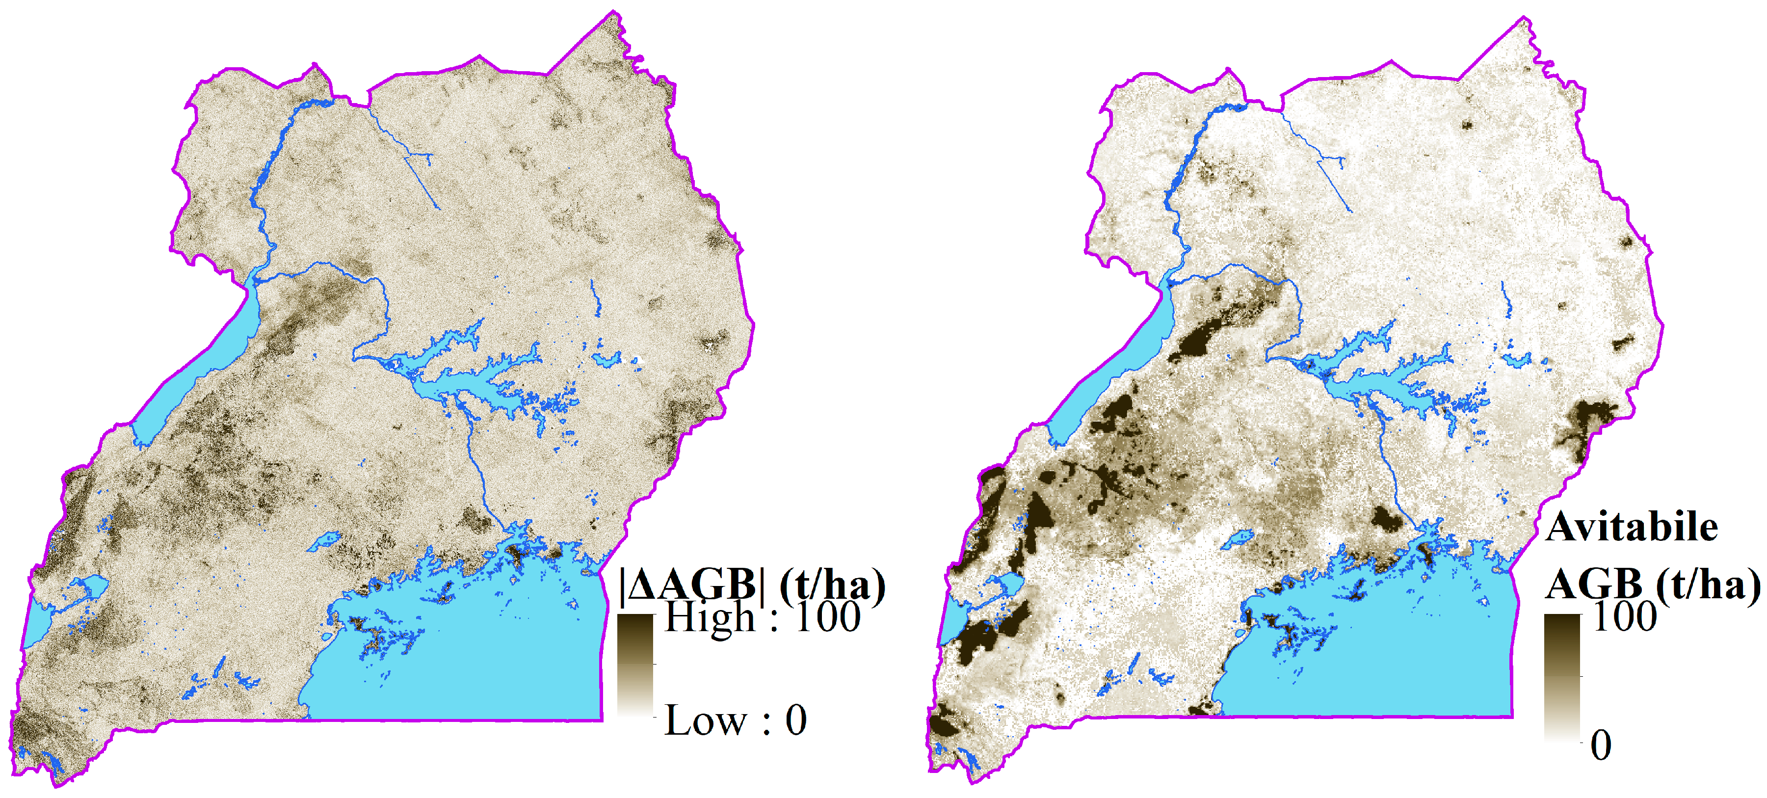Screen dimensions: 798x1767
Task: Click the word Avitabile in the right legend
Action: pos(1631,528)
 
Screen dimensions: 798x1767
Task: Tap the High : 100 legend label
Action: pos(762,617)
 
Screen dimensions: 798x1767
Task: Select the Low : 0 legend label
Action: pos(736,720)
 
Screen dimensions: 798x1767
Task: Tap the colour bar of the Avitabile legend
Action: pos(1562,678)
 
